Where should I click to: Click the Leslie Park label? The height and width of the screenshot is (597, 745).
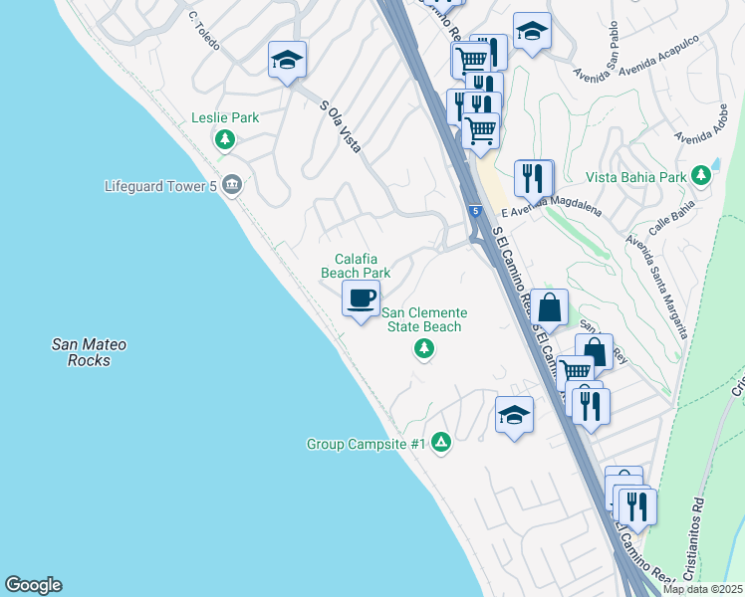coord(225,117)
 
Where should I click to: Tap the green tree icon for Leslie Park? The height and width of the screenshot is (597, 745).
coord(226,139)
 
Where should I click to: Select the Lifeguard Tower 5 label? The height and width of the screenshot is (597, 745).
coord(160,185)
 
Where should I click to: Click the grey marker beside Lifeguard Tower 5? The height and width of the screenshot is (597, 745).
coord(232,184)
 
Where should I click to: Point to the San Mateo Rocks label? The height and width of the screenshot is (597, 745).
coord(89,352)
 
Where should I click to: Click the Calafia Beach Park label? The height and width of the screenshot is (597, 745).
coord(356,265)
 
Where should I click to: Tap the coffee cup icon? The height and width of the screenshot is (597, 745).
coord(361,297)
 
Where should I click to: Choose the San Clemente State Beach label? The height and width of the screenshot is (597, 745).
coord(424,319)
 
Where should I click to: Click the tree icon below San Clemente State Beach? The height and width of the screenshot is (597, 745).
coord(424,347)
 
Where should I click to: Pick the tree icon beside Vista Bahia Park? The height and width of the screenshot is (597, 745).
coord(701,175)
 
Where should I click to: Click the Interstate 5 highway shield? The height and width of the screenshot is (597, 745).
coord(477,212)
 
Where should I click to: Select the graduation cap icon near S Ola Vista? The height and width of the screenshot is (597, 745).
coord(287,60)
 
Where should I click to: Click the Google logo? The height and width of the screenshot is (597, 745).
coord(33,585)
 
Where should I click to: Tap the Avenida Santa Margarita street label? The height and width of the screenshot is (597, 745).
coord(655,287)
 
